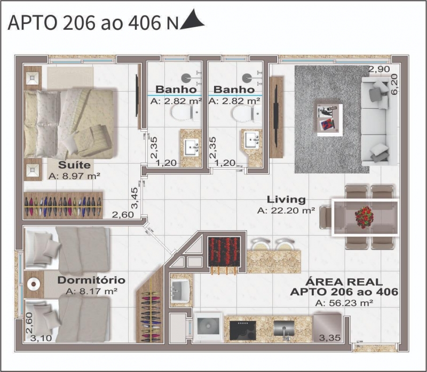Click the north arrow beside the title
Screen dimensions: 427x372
[x=193, y=20]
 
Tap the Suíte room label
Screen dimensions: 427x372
[x=74, y=165]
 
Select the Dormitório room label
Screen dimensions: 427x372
[x=91, y=280]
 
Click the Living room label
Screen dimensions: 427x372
[x=286, y=200]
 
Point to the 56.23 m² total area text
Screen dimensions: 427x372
[x=344, y=303]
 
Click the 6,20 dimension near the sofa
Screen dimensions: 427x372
[x=394, y=84]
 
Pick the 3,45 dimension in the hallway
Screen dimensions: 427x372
[x=135, y=198]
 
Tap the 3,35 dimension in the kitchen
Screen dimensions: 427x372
[x=330, y=338]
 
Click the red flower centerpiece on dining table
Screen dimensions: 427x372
[x=365, y=217]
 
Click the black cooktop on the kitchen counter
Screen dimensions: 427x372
[x=243, y=330]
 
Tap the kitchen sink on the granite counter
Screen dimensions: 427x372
[x=284, y=329]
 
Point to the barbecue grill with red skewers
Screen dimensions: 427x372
[x=224, y=252]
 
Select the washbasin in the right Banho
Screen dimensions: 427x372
[x=252, y=140]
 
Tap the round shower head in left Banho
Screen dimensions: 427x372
[x=186, y=78]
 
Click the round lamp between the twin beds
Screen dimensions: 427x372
[x=34, y=284]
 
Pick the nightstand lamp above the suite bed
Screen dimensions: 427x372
[x=32, y=78]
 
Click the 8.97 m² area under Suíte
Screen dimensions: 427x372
[x=74, y=176]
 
